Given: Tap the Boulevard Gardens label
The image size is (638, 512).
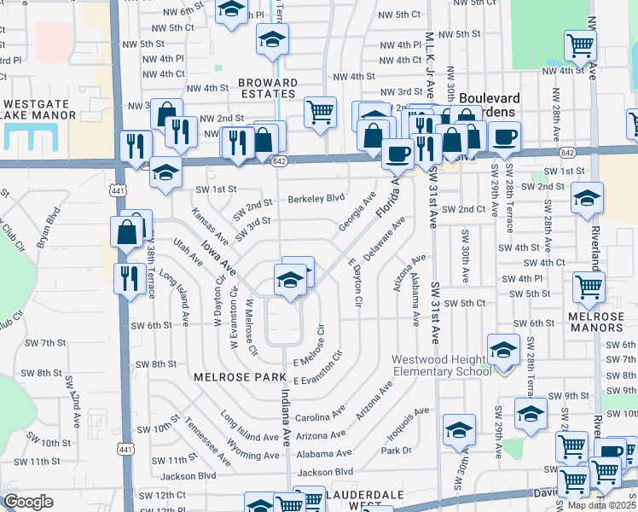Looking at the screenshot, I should click(490, 98).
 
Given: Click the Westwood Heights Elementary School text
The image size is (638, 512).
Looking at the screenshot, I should click(442, 365).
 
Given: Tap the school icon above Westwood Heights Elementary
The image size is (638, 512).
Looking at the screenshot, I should click(503, 349).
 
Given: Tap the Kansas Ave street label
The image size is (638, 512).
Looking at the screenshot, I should click(209, 224).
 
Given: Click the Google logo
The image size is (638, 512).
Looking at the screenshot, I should click(28, 501).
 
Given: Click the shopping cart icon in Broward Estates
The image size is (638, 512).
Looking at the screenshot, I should click(319, 110).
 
